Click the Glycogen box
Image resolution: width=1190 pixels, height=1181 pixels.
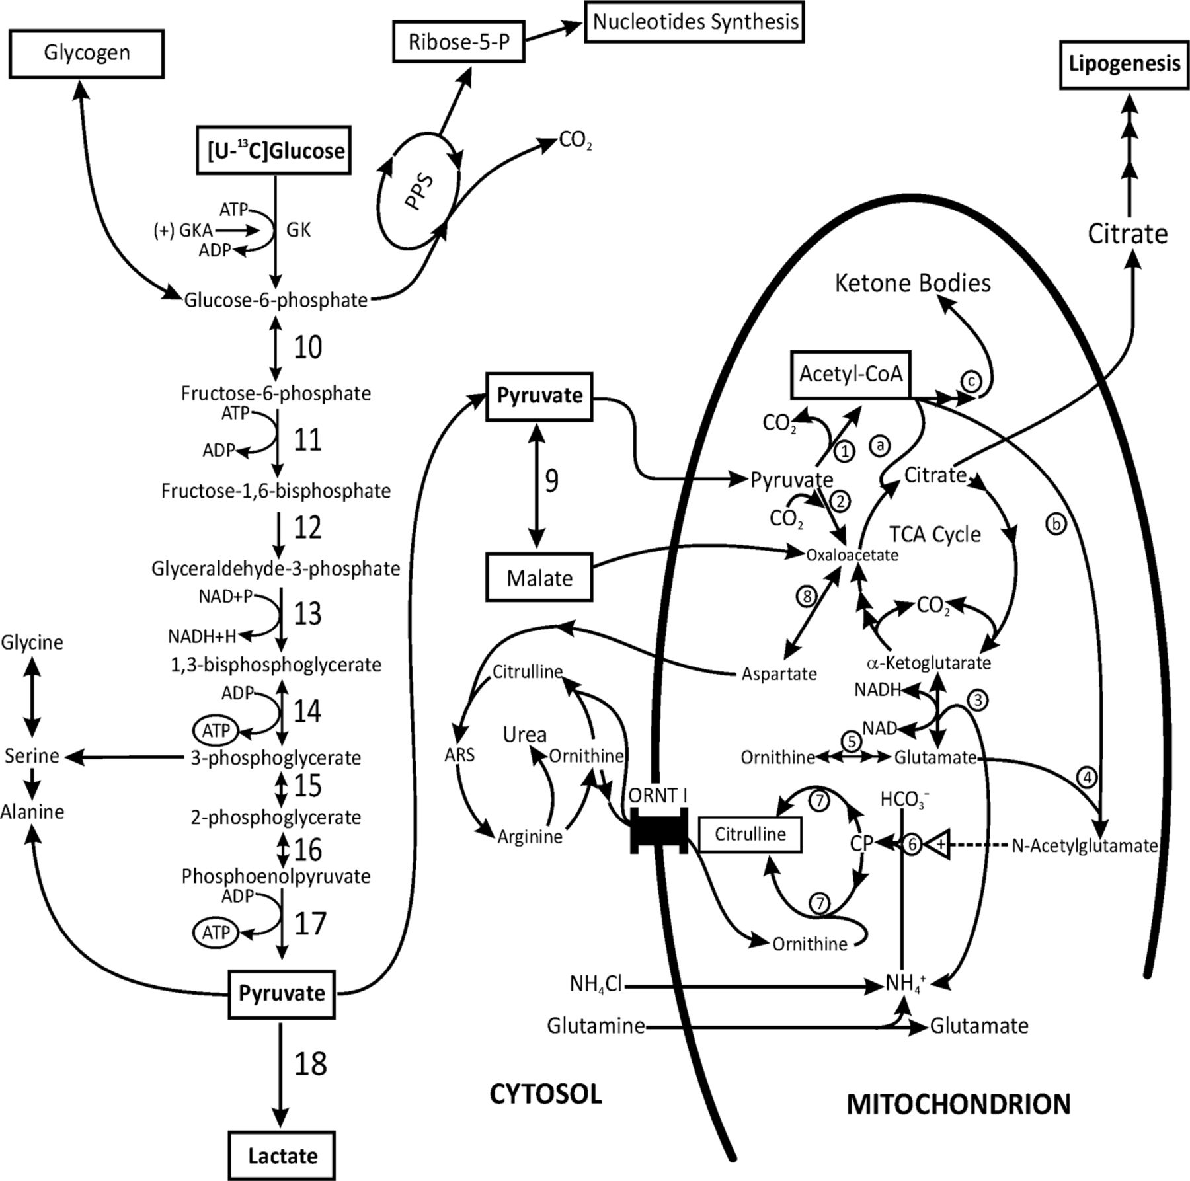87,54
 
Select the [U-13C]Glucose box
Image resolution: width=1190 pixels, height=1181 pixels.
274,151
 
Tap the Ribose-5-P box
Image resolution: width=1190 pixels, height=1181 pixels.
458,42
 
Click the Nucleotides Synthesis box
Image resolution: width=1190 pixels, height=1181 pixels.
694,22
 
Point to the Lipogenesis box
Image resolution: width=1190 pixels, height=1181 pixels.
1125,64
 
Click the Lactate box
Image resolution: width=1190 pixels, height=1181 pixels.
282,1155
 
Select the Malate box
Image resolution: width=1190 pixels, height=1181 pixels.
539,578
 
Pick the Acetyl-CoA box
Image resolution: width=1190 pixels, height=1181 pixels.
851,374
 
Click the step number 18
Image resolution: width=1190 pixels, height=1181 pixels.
310,1063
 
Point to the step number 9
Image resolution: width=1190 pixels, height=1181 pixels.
551,480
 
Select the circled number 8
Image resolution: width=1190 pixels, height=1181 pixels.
807,597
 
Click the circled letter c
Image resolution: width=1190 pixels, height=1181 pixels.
971,381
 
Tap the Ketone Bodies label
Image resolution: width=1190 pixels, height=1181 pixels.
912,283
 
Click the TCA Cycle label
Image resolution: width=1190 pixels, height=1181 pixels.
935,534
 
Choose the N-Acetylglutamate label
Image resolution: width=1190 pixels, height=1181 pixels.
1084,846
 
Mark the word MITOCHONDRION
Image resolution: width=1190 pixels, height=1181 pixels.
959,1104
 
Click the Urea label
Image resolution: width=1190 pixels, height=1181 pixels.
524,734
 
